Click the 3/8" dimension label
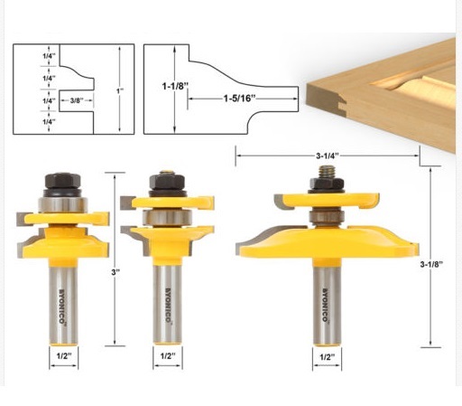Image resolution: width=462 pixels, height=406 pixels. [77, 100]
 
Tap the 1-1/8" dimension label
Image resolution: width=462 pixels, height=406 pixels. [175, 86]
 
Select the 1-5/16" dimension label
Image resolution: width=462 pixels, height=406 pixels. [239, 99]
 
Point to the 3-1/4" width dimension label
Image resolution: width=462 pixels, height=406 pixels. [328, 156]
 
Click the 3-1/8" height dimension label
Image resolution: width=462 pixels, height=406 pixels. [431, 264]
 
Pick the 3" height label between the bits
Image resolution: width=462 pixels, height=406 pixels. [115, 272]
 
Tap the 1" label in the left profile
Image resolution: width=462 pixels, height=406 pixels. [120, 90]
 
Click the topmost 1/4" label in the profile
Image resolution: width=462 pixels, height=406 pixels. [49, 56]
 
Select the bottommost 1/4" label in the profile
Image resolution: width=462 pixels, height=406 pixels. [49, 122]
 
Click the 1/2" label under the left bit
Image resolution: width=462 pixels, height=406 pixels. [64, 356]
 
